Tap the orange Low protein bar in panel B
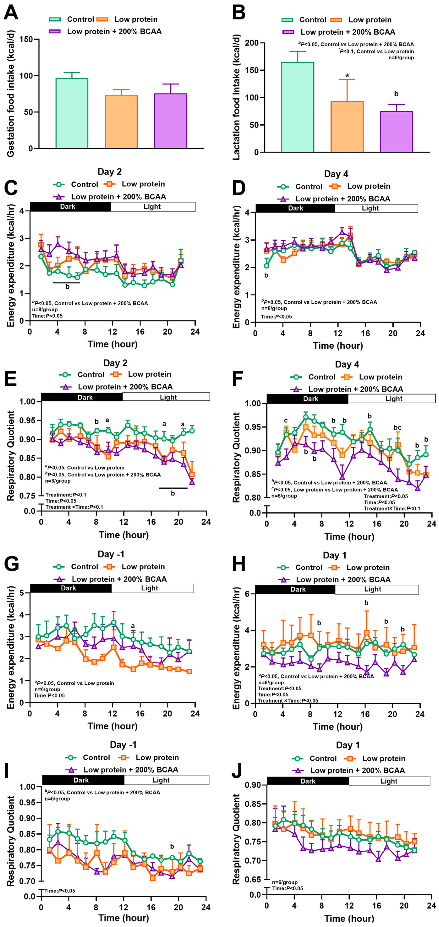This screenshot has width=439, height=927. click(347, 127)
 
